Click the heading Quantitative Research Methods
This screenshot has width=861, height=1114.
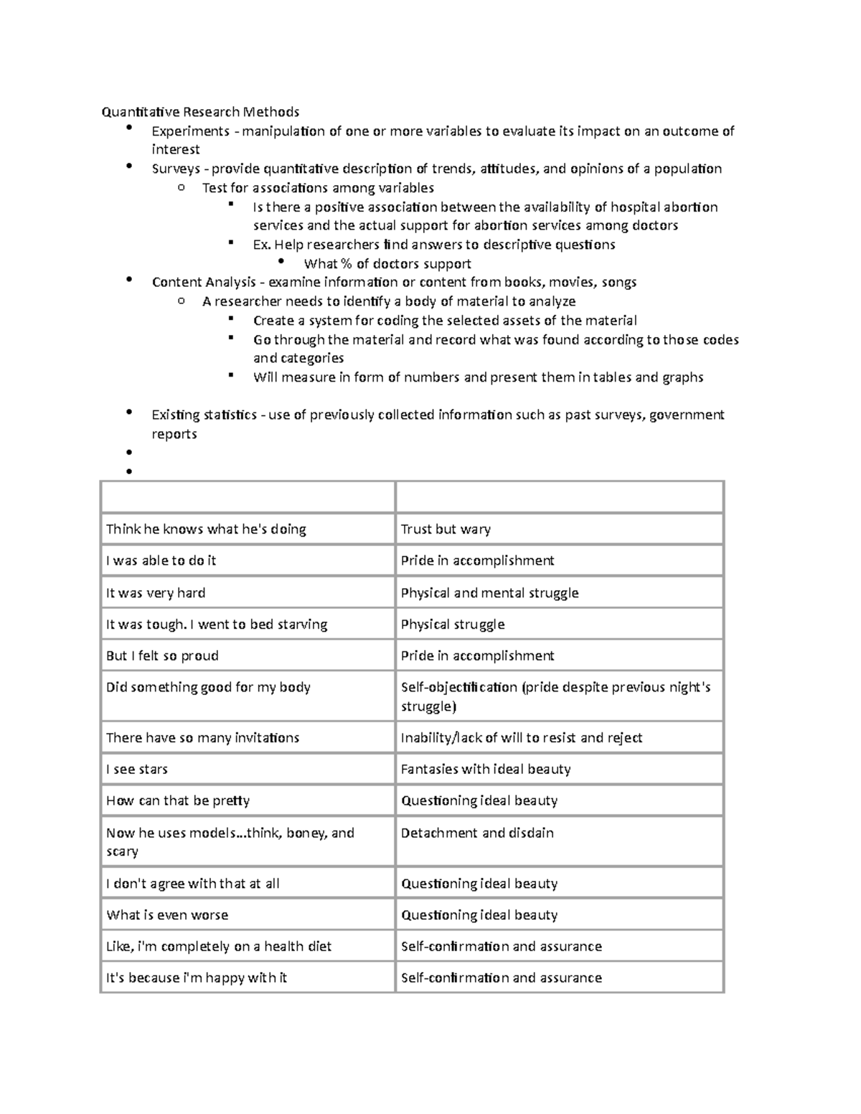coord(200,112)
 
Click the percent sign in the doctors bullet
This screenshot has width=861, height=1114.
coord(347,264)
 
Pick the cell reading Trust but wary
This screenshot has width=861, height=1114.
coord(446,529)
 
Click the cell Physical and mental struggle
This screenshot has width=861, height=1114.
coord(489,593)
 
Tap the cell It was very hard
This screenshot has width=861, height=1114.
coord(156,593)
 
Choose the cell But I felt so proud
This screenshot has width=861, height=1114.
coord(162,656)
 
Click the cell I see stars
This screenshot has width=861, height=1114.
coord(137,770)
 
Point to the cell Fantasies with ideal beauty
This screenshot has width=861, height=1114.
coord(486,770)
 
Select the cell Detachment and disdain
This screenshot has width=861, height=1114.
coord(477,834)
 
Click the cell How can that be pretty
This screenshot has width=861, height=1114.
coord(178,801)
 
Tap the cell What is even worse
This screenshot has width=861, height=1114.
coord(167,915)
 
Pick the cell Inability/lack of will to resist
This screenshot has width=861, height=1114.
coord(521,738)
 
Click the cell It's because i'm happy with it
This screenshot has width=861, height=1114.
coord(197,978)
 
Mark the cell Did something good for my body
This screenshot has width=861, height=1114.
coord(208,688)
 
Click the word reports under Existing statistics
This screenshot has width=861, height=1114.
coord(174,435)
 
